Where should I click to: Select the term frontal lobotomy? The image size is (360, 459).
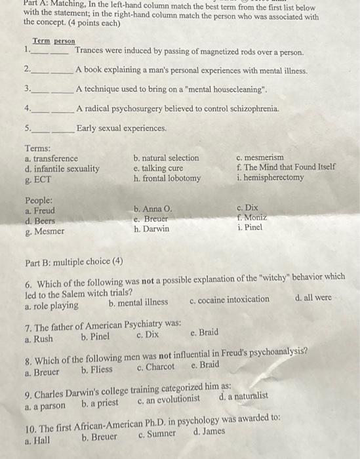(167, 178)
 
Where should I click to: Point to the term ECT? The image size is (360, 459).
(37, 179)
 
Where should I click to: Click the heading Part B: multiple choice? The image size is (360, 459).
(73, 261)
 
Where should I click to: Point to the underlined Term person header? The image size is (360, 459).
(54, 41)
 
